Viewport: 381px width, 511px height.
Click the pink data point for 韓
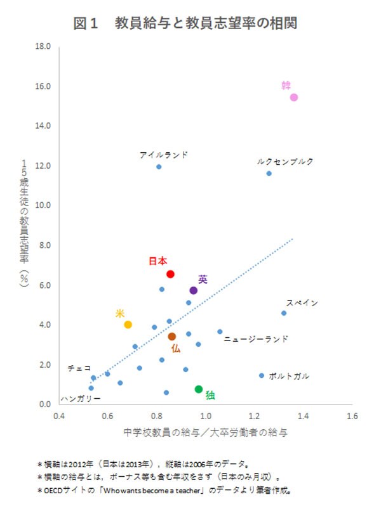click(294, 97)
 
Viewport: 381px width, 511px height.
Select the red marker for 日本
click(170, 274)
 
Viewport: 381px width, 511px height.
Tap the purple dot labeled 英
click(194, 290)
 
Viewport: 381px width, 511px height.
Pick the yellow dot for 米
click(128, 325)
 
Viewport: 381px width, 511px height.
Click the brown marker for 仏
click(171, 337)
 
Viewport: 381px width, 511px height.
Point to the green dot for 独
click(199, 389)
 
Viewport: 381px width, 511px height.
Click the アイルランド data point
click(159, 167)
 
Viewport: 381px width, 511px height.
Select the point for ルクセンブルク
click(269, 173)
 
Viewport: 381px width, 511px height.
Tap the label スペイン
click(302, 303)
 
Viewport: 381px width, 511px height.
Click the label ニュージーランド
click(256, 339)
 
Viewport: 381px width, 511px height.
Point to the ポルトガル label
click(289, 376)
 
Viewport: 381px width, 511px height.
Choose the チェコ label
click(79, 368)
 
